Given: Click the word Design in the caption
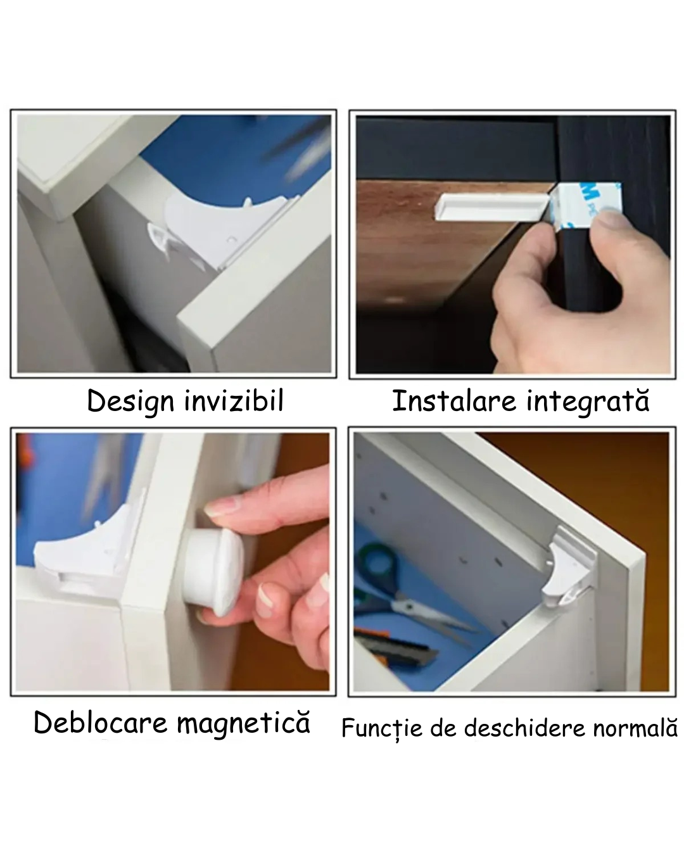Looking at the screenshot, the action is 130,402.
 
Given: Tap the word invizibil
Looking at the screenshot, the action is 234,400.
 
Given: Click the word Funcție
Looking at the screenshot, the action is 381,729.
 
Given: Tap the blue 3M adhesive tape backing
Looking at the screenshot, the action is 586,206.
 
